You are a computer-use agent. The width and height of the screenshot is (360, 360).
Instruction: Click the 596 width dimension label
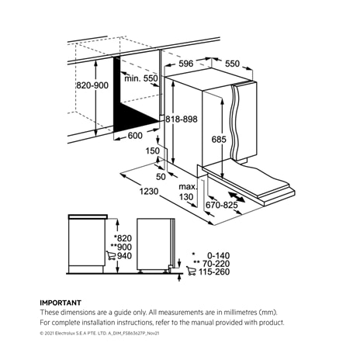(186, 64)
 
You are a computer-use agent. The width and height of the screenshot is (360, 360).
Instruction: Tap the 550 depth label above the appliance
(232, 64)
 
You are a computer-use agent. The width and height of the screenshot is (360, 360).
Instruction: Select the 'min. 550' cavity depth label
(141, 78)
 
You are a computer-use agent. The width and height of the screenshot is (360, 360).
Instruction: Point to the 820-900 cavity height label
(92, 85)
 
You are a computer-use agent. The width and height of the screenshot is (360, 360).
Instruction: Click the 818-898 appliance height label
(182, 119)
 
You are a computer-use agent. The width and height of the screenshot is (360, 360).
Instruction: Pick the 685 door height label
(219, 140)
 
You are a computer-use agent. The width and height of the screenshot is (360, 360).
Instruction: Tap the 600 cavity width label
(135, 135)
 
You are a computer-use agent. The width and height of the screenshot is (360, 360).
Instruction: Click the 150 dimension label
(153, 151)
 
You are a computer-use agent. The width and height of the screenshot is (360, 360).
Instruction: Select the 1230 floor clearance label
(149, 192)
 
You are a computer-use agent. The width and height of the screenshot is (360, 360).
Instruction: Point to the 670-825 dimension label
(222, 205)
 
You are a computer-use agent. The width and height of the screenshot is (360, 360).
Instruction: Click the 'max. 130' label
(188, 192)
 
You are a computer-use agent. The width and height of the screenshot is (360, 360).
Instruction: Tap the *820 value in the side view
(123, 238)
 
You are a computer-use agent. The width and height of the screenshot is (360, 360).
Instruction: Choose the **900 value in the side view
(121, 247)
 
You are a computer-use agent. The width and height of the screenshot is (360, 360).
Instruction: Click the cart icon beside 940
(111, 255)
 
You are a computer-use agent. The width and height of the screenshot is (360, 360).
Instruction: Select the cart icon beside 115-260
(191, 271)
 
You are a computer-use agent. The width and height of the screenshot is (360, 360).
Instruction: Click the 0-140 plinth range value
(219, 255)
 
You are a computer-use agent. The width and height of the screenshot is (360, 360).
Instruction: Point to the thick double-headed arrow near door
(237, 197)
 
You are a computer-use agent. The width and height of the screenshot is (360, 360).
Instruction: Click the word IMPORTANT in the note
(61, 303)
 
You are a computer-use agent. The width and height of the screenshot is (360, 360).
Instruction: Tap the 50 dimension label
(161, 177)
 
